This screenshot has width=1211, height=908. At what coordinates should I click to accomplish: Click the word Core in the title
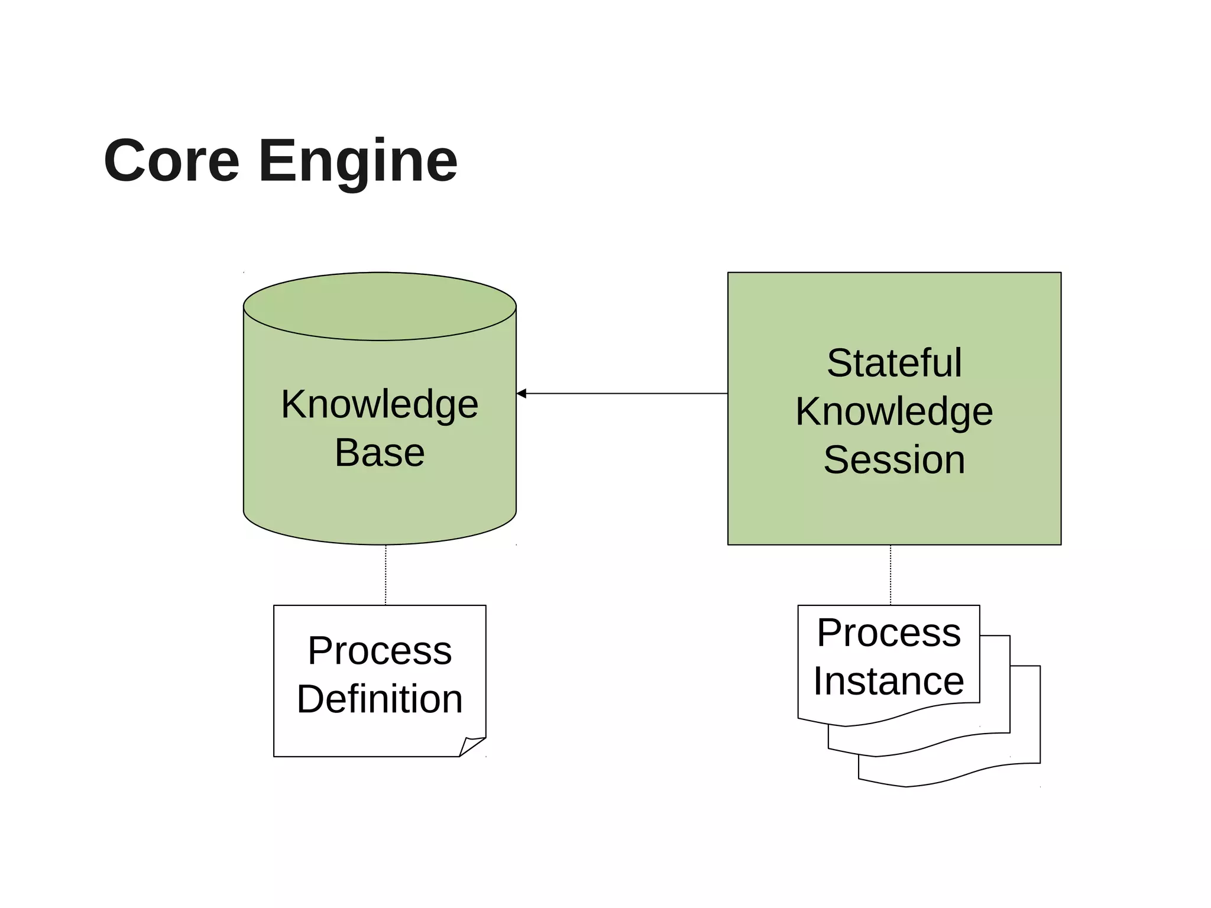coord(171,161)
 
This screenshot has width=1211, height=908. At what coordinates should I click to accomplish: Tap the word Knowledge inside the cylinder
coord(380,405)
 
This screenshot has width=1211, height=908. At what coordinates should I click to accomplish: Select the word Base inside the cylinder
coord(380,453)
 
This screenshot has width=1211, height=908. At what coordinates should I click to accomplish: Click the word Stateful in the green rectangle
coord(894,363)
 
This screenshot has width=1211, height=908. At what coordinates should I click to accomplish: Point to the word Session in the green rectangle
coord(894,460)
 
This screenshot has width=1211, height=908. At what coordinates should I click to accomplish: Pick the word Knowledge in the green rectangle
coord(894,412)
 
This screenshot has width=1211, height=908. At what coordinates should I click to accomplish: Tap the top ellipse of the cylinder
coord(380,306)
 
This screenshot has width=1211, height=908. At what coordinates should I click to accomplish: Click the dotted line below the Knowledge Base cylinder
coord(386,575)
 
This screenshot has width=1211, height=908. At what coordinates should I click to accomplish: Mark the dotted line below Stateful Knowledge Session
coord(891,575)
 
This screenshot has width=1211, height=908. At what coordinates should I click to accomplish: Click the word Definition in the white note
coord(380,699)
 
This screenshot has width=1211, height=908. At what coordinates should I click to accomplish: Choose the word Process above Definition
coord(380,651)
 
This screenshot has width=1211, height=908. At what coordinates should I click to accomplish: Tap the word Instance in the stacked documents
coord(888,682)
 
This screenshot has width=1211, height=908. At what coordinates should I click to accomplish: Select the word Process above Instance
coord(888,633)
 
